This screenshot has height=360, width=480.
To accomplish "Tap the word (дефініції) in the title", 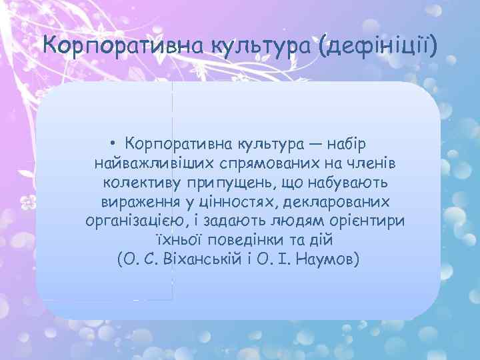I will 379,46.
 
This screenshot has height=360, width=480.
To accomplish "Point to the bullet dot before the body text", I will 115,144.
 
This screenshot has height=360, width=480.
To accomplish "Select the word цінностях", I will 238,202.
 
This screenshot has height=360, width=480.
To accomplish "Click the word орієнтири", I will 373,221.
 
